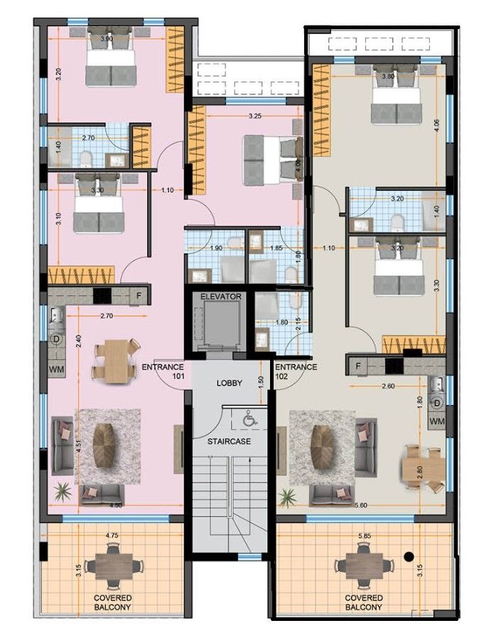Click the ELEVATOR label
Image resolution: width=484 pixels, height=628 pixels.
tap(222, 296)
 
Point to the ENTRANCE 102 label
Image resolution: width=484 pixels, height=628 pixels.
tap(296, 372)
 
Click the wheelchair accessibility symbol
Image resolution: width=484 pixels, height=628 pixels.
tap(249, 421)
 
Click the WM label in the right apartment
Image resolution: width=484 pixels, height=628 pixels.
tap(437, 422)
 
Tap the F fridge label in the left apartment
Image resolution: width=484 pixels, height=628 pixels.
tap(139, 294)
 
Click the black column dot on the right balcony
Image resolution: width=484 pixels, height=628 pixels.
tap(409, 556)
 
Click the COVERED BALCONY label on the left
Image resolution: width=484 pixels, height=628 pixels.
tap(112, 603)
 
